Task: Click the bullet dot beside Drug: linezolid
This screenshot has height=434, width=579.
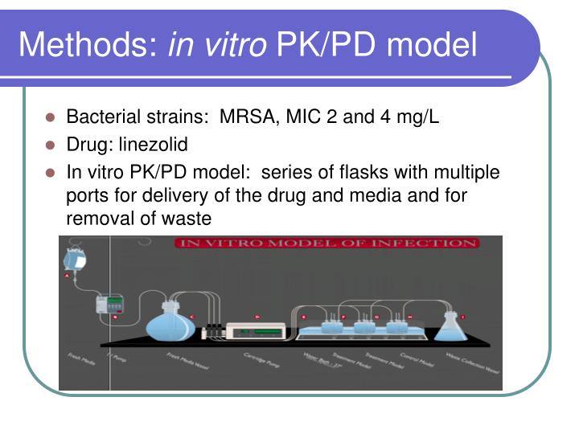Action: (50, 146)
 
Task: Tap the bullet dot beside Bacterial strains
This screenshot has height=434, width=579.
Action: (50, 118)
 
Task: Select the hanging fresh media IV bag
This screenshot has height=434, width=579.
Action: (77, 259)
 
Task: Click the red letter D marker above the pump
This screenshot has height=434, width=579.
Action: (257, 317)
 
